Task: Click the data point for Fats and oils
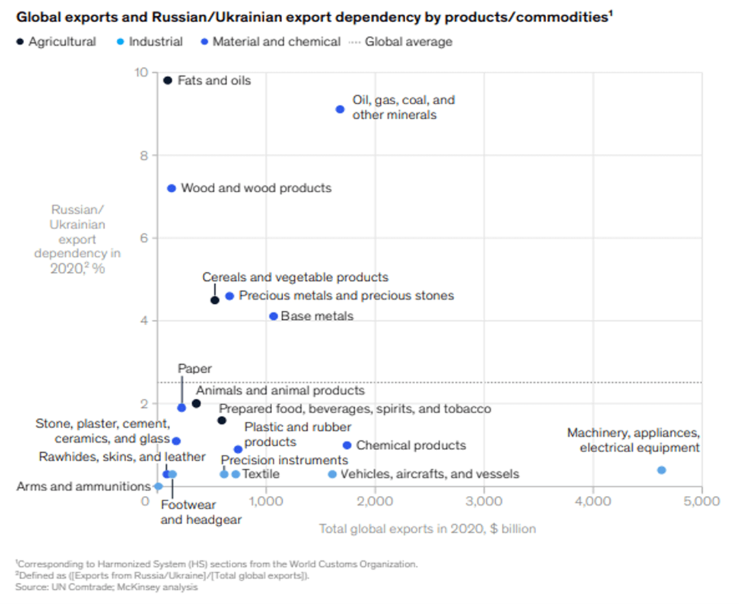tap(168, 81)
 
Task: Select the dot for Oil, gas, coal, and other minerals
tap(340, 109)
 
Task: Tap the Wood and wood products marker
tap(171, 188)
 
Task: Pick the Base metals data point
tap(273, 316)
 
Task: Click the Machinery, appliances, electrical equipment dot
tap(661, 470)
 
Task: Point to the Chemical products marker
tap(347, 445)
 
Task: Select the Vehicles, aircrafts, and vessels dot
tap(332, 474)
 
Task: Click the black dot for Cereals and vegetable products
tap(214, 300)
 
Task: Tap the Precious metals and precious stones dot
tap(229, 296)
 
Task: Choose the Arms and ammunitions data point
tap(158, 486)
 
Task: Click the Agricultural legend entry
tap(56, 42)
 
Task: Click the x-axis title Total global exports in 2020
tap(427, 529)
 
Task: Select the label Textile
tap(261, 474)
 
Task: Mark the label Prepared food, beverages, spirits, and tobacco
tap(355, 408)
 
